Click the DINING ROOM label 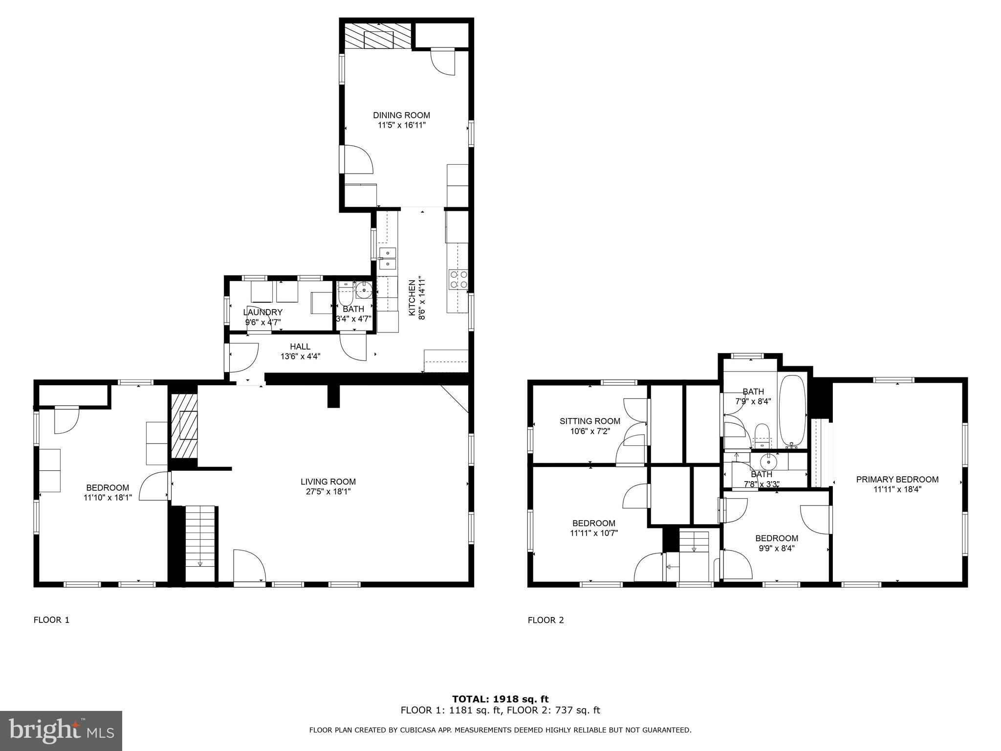tap(401, 115)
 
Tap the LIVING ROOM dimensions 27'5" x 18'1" tap(328, 491)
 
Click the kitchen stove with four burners tap(458, 279)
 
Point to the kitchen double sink tap(388, 259)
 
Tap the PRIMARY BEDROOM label tap(897, 479)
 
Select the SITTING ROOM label tap(589, 421)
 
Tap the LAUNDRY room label tap(262, 312)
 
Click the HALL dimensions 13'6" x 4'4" tap(300, 356)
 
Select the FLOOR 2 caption tap(545, 620)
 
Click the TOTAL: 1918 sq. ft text tap(500, 699)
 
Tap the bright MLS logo tap(61, 731)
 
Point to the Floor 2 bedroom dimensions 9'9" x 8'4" tap(776, 548)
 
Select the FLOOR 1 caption tap(51, 620)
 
